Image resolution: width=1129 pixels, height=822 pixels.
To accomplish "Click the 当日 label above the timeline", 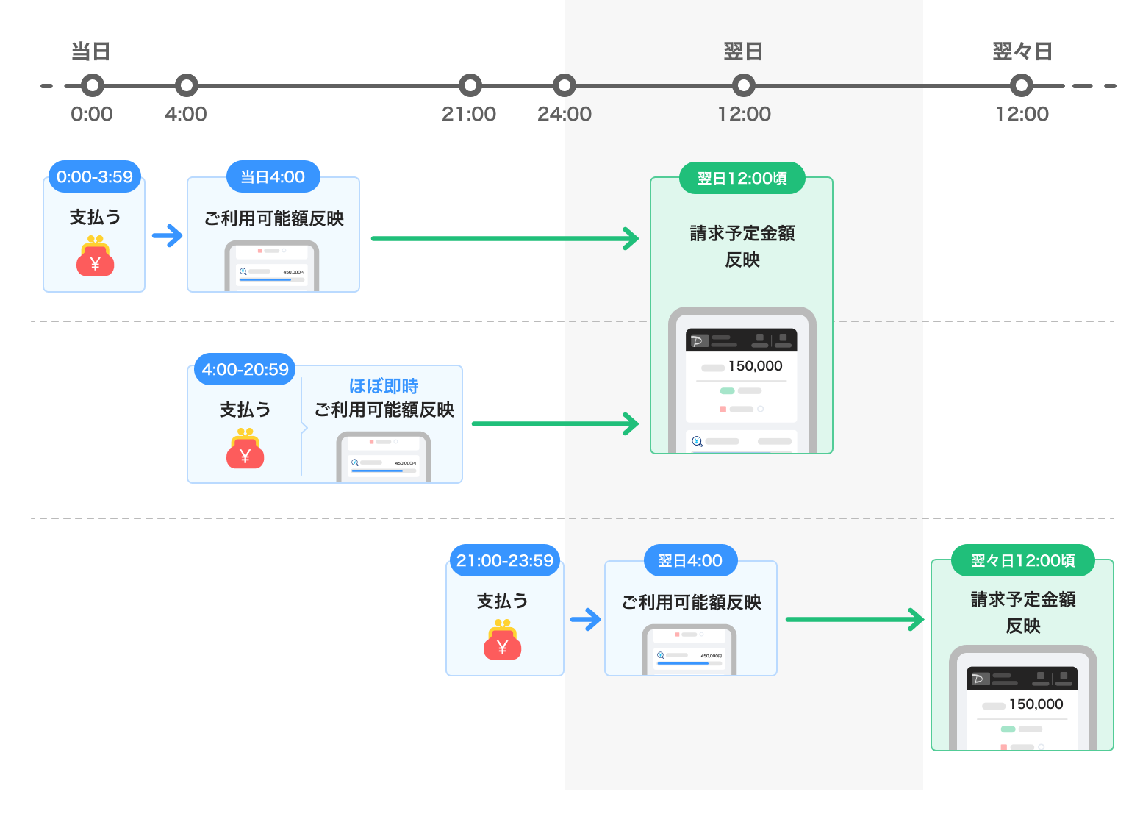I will point(90,51).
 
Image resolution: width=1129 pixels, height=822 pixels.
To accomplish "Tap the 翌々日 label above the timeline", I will point(1022,51).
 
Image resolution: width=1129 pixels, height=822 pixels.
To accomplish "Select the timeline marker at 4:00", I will point(187,85).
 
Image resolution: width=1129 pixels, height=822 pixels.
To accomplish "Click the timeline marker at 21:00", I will point(470,85).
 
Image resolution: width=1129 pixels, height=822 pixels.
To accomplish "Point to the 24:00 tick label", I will point(564,114).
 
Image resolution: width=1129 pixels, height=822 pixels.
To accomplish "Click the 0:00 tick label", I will point(92,114).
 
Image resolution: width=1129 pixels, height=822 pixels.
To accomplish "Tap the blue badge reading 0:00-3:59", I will point(95,177).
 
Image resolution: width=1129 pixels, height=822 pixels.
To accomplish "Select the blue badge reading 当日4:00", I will point(273,177).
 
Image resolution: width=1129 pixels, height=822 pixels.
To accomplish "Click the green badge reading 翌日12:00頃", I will point(742,179).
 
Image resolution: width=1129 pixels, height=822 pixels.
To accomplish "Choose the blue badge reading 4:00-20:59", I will point(245,370).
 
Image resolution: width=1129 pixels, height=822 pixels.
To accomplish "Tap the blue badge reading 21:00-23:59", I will point(505,561).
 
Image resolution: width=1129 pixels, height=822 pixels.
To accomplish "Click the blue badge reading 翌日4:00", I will point(690,561).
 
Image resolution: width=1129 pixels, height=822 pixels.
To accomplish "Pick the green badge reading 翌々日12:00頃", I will point(1022,561).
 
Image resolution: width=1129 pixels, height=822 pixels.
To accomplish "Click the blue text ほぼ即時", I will point(384,386).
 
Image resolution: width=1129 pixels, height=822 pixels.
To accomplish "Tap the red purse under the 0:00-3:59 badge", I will point(95,257).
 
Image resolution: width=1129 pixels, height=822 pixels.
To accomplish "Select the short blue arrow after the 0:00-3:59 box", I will point(168,236).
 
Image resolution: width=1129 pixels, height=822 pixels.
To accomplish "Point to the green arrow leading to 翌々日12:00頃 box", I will point(854,619).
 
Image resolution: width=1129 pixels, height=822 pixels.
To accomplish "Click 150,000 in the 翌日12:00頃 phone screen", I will point(755,366).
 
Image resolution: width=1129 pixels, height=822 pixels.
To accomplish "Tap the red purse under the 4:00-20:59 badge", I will point(245,449).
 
